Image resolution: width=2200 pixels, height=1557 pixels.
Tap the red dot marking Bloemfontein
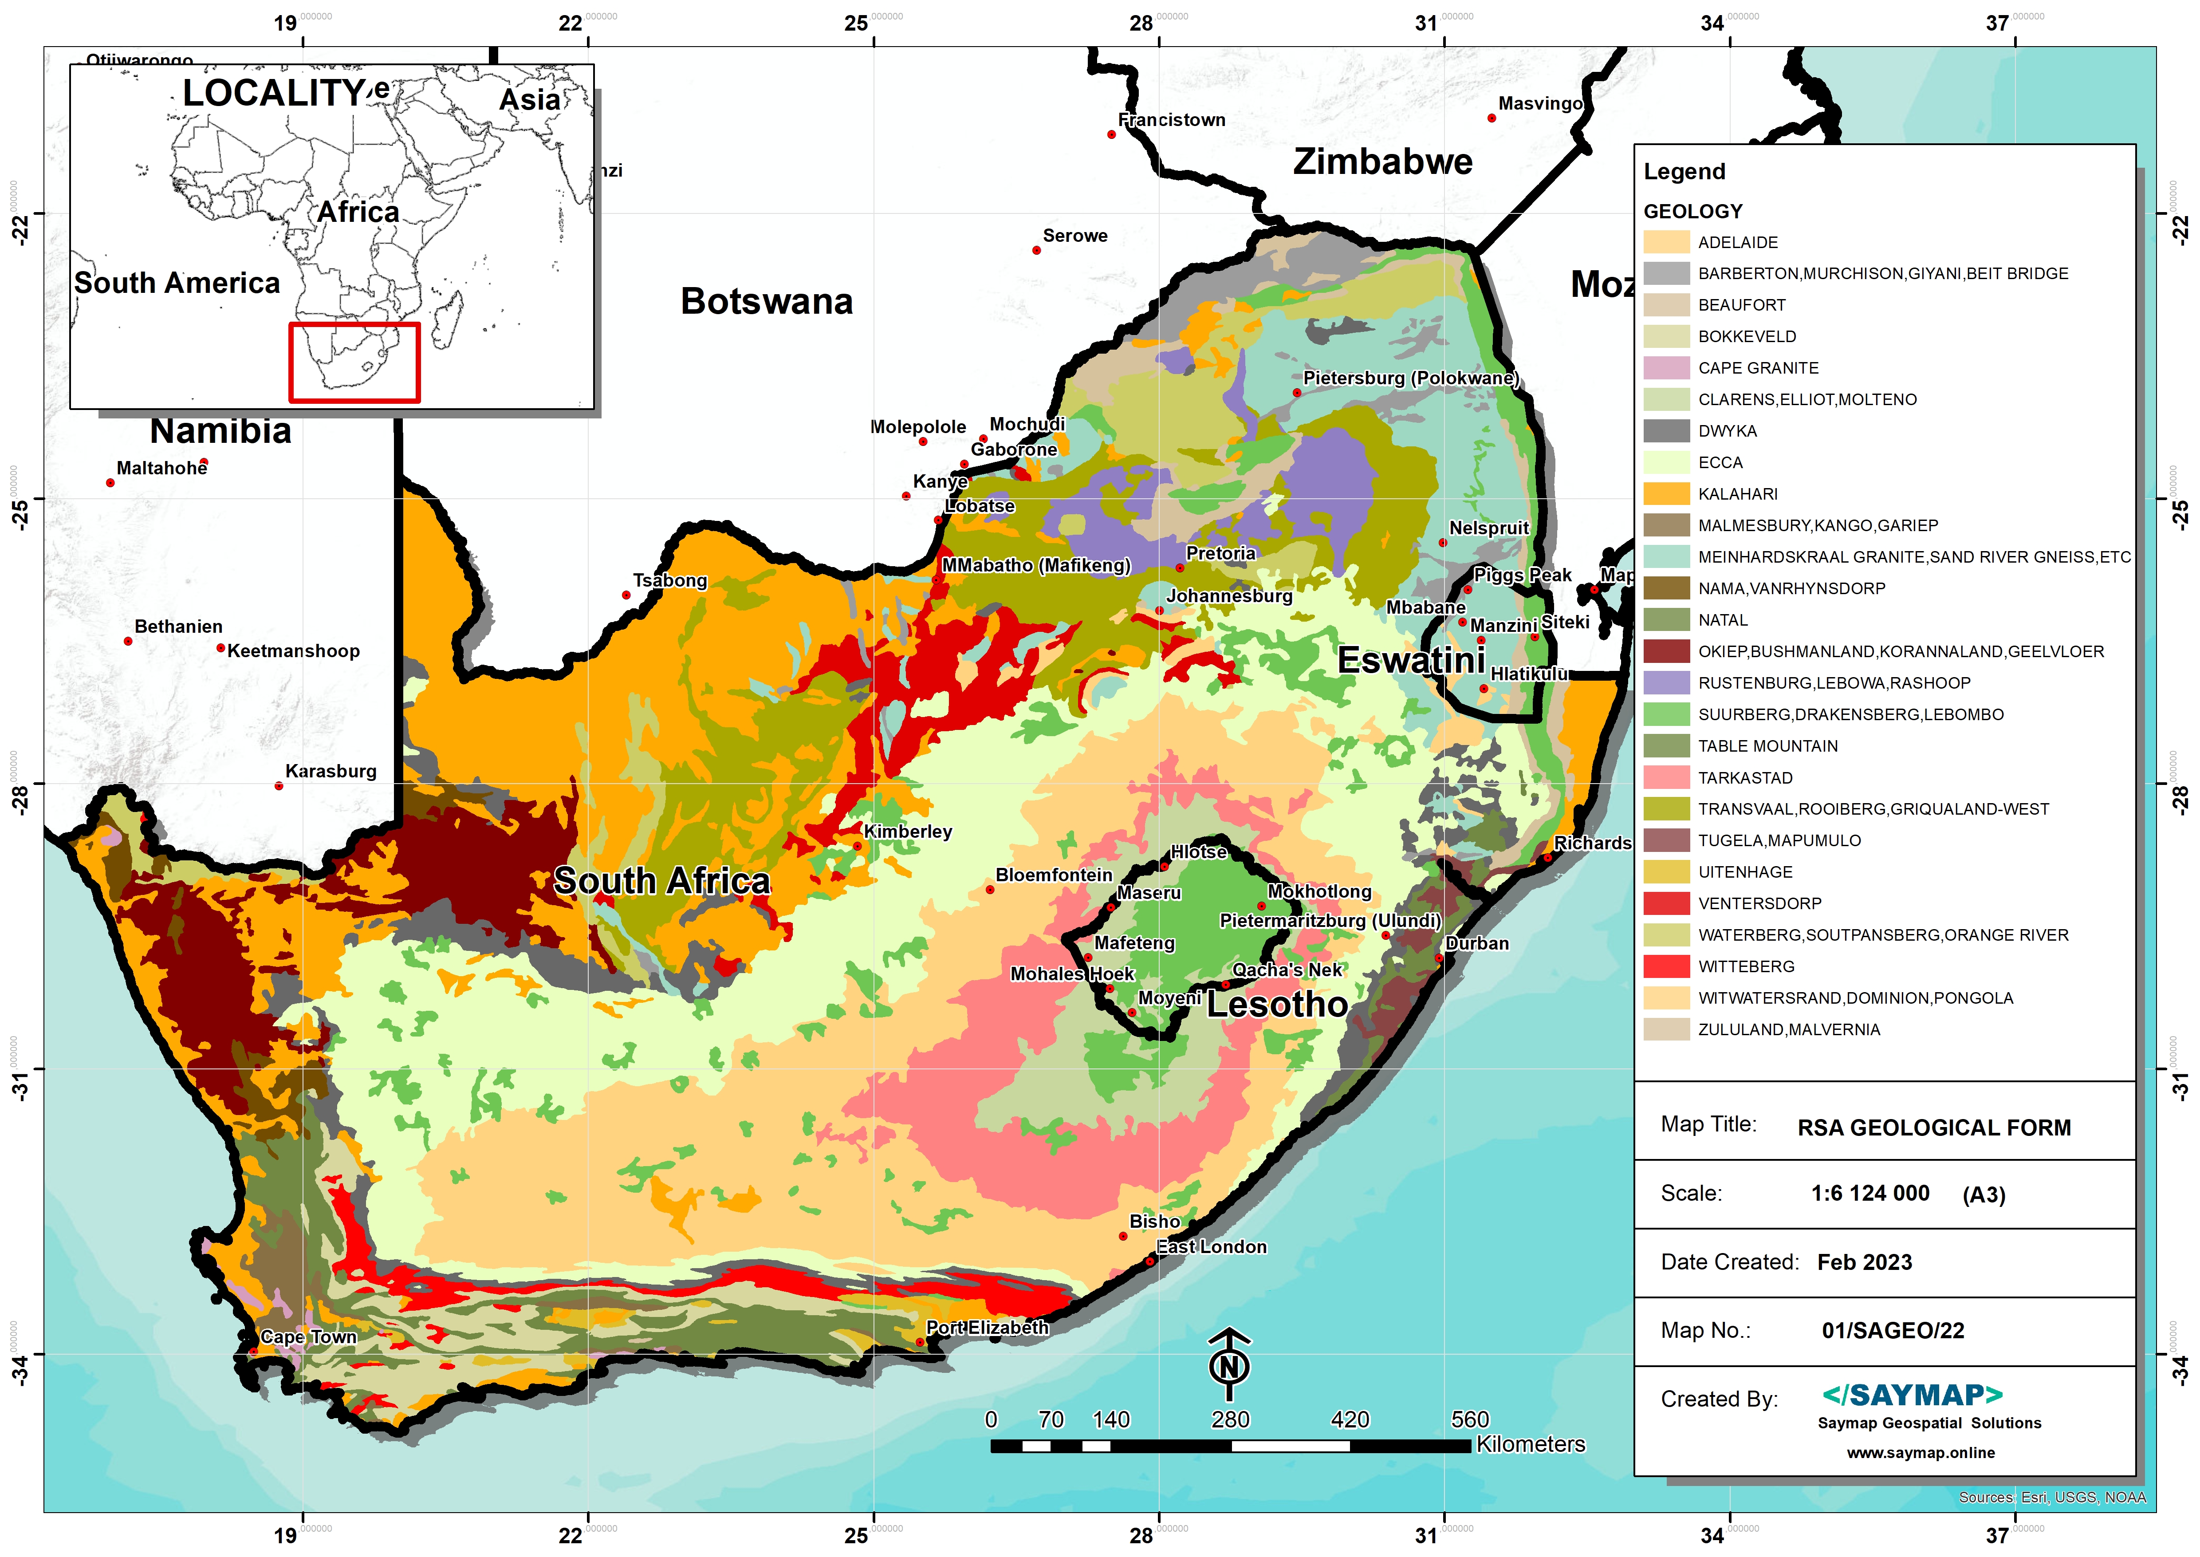[x=990, y=890]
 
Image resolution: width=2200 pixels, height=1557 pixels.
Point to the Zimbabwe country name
[x=1382, y=162]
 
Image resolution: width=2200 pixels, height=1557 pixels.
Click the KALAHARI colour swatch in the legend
[x=1666, y=494]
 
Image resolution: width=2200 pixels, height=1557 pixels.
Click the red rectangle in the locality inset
[x=354, y=363]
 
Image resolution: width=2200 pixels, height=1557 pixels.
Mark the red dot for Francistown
[x=1111, y=134]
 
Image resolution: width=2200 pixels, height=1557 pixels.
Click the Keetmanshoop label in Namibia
[x=293, y=651]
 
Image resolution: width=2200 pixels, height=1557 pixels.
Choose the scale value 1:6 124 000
[x=1869, y=1194]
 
